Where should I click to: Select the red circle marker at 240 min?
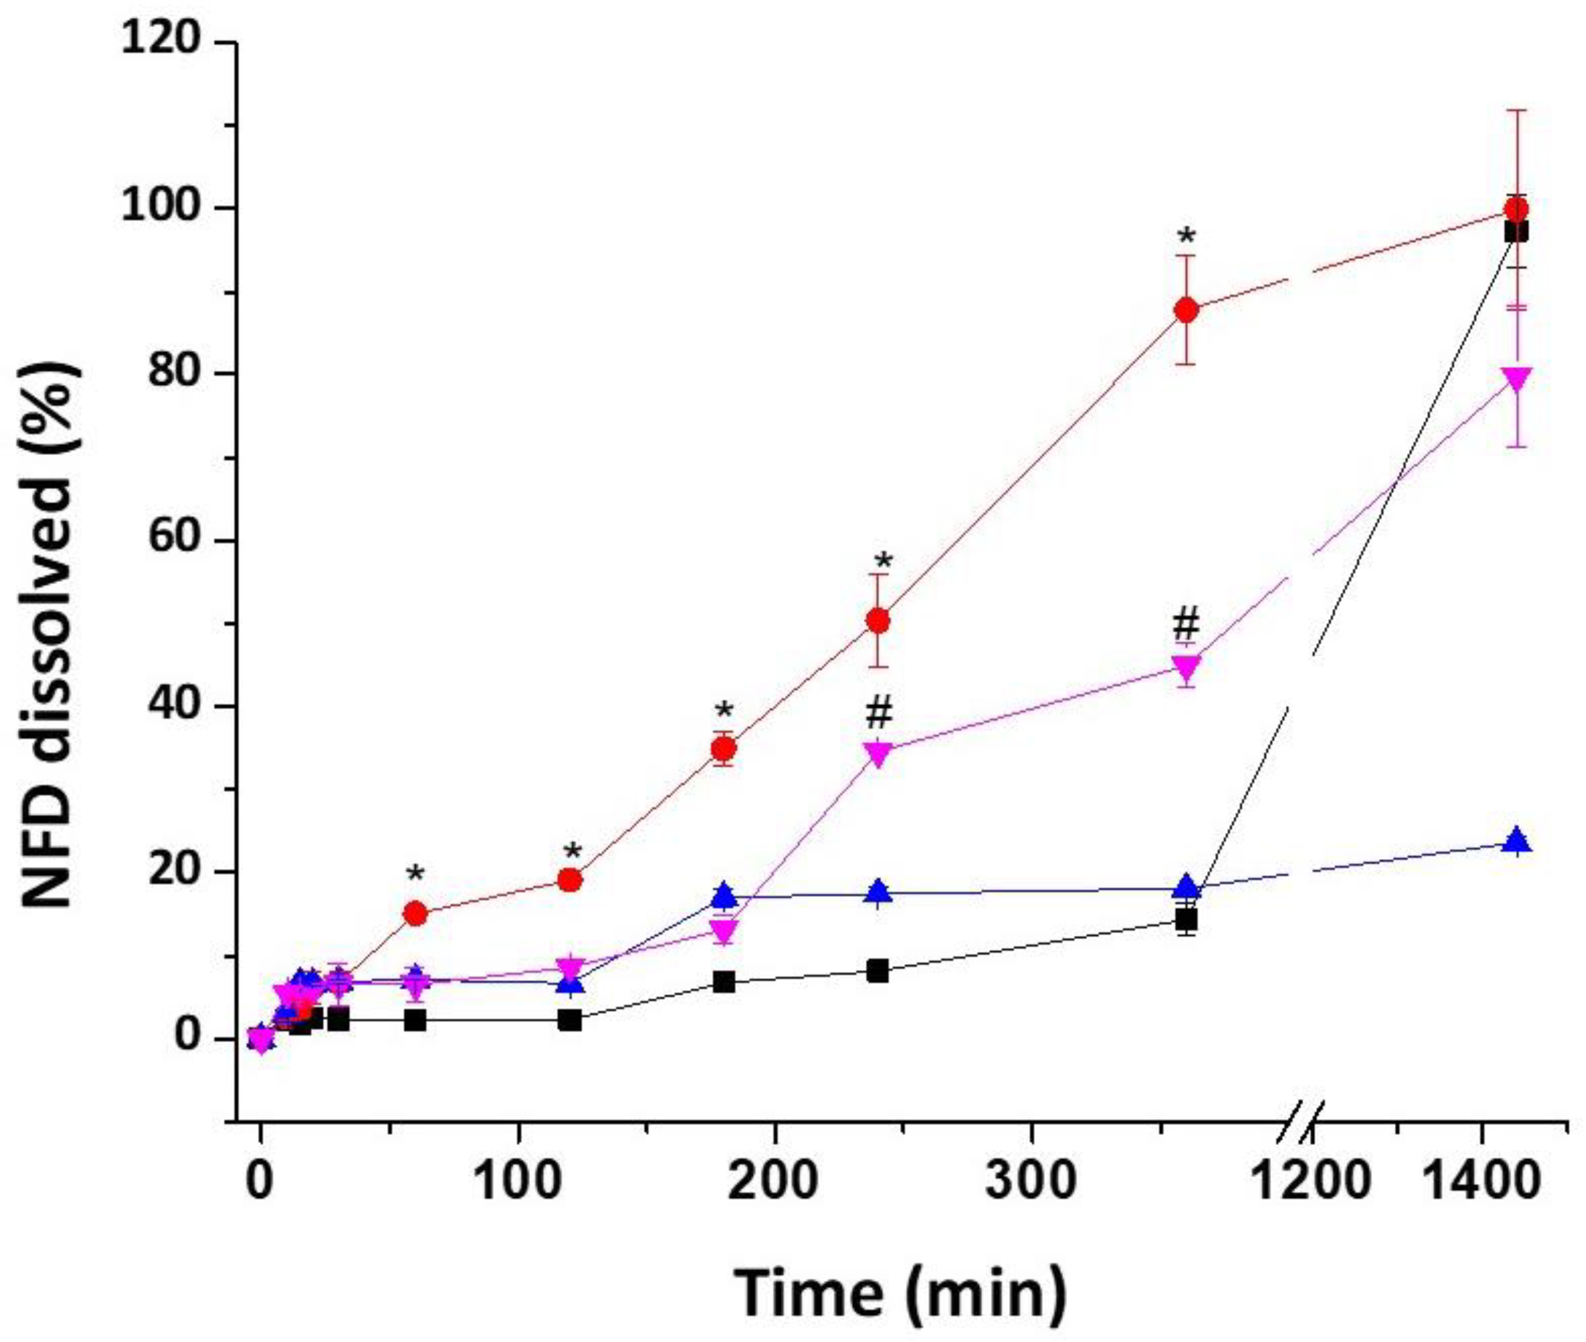878,621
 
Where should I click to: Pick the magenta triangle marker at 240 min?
878,753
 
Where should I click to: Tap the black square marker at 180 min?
724,982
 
